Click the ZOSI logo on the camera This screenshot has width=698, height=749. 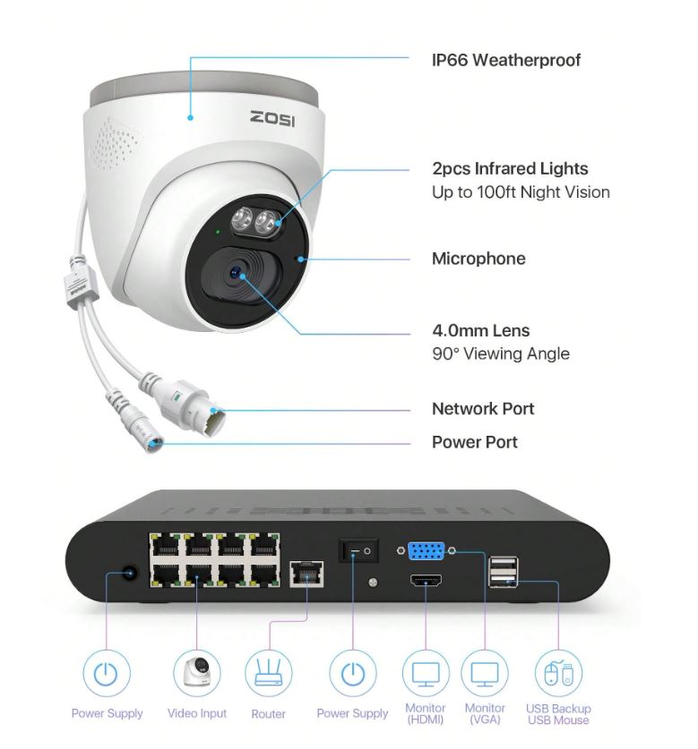272,118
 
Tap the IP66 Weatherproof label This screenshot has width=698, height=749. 505,60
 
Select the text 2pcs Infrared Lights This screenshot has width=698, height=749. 510,168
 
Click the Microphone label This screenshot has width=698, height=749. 478,259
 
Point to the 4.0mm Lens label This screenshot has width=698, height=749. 481,330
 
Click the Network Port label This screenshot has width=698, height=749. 483,409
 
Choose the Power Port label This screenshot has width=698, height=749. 475,442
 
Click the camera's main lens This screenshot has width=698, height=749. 237,273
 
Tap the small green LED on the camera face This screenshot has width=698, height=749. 218,232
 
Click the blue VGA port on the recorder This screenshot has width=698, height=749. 426,550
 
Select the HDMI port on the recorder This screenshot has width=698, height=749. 426,581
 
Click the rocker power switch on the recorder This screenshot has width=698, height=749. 358,550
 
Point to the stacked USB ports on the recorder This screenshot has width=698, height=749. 503,571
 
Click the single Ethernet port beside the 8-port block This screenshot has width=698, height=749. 306,574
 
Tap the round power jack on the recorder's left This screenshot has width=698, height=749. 129,574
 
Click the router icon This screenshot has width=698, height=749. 269,672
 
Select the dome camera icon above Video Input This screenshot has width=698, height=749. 197,672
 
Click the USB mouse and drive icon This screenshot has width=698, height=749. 558,673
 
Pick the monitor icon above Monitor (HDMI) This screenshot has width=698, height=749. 426,673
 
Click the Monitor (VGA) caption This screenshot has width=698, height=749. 485,713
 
